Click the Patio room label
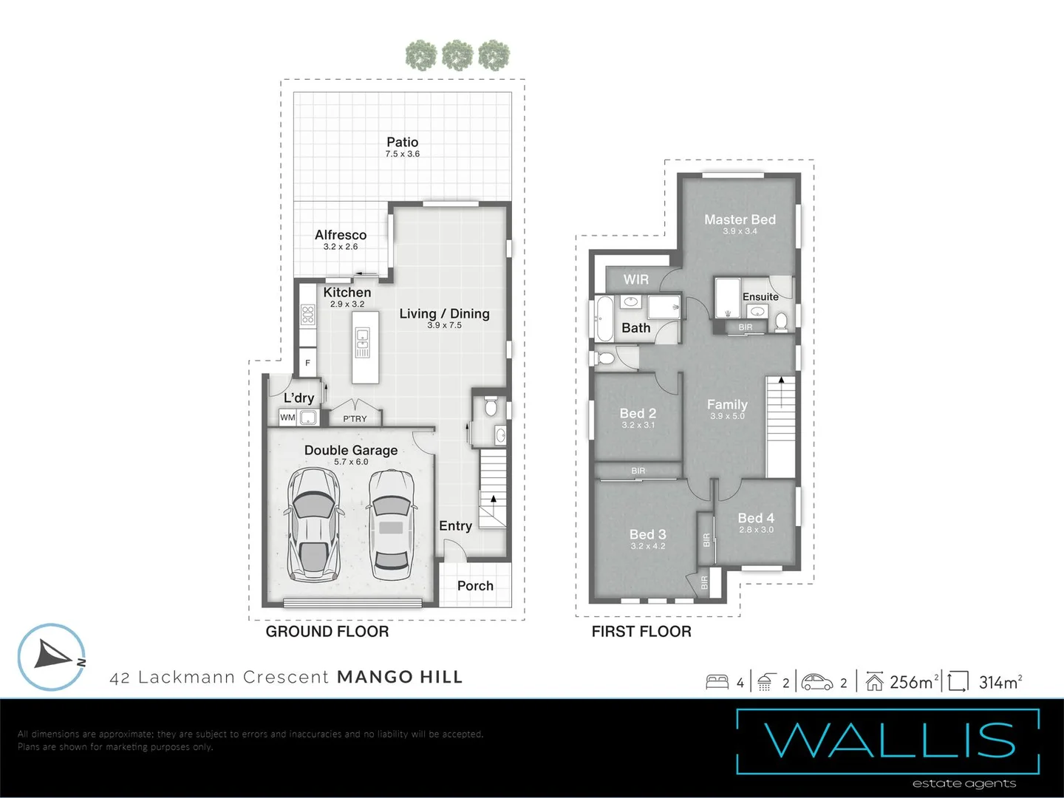[x=403, y=142]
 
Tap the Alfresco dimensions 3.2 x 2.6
[x=341, y=247]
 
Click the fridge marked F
[x=307, y=362]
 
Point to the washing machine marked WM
[x=287, y=417]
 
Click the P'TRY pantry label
[x=355, y=419]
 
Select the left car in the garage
[x=313, y=525]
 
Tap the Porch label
[x=475, y=586]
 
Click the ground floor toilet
[x=491, y=406]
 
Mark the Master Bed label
[x=740, y=219]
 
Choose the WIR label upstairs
[x=636, y=279]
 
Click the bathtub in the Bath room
[x=604, y=318]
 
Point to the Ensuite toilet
[x=781, y=322]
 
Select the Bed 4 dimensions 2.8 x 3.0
[x=756, y=530]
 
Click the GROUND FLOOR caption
[x=327, y=631]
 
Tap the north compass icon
[x=52, y=657]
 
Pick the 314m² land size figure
[x=1000, y=681]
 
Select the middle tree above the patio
[x=457, y=55]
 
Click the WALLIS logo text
[x=889, y=740]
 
